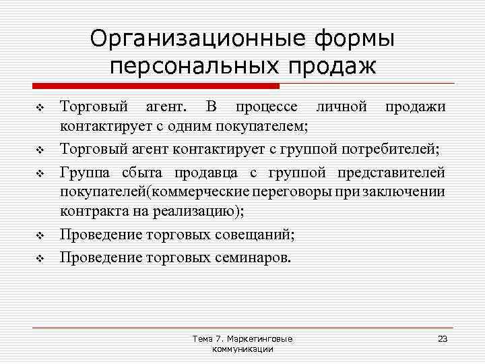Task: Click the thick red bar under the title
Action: [155, 86]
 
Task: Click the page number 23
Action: [443, 338]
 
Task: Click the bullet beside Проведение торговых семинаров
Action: [39, 258]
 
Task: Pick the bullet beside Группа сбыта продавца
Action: [39, 173]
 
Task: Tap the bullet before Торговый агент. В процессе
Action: [39, 107]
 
